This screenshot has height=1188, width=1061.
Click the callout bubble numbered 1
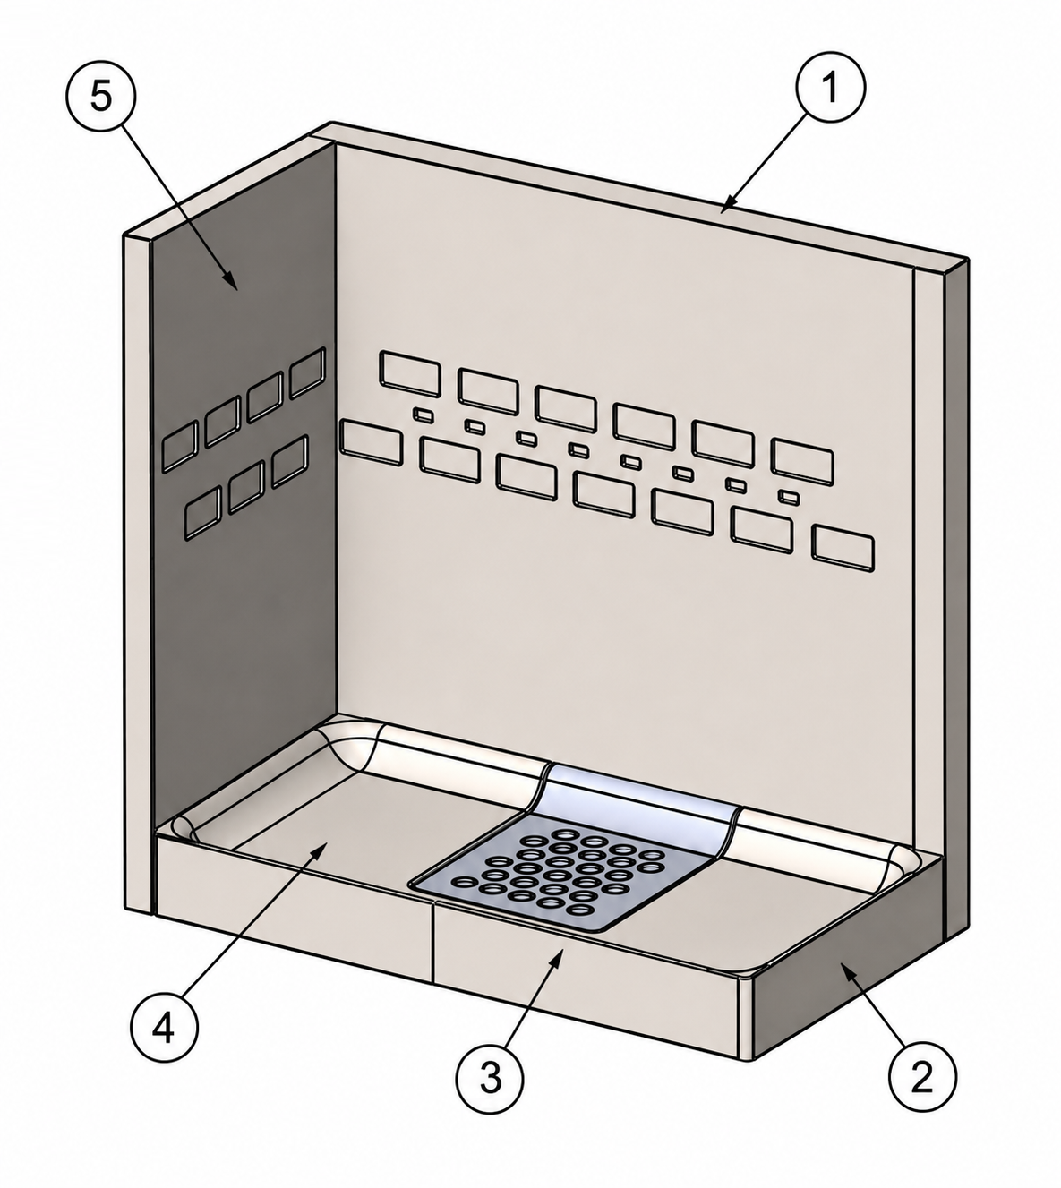[x=830, y=88]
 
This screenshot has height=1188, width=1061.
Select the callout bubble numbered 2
[x=922, y=1076]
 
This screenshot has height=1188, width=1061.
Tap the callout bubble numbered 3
[x=491, y=1078]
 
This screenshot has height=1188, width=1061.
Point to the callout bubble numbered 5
[x=101, y=96]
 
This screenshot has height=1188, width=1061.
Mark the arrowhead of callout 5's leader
[x=233, y=282]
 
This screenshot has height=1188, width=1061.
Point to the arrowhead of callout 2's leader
[x=849, y=970]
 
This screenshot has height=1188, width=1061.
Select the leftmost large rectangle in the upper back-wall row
[x=410, y=373]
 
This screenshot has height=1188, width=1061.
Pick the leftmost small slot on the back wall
[x=423, y=414]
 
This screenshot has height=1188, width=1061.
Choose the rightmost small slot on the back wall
[x=789, y=497]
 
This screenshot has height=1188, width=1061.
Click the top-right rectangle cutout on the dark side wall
[x=307, y=372]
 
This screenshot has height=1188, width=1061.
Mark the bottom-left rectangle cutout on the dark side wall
[x=203, y=512]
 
